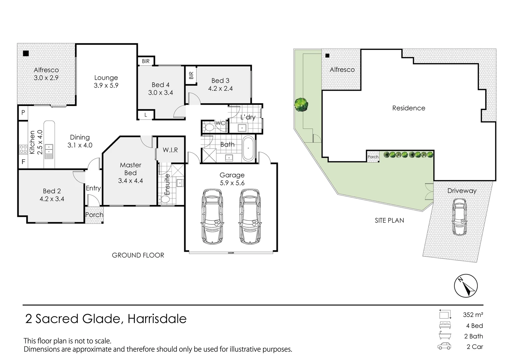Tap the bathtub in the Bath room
[x=248, y=149]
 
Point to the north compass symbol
[x=466, y=286]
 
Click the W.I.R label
[x=170, y=150]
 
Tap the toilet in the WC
[x=210, y=127]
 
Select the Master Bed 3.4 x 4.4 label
[x=131, y=173]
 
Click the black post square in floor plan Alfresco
[x=26, y=53]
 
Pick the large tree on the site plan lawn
[x=301, y=104]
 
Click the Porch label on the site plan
[x=373, y=157]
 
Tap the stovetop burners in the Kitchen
[x=23, y=149]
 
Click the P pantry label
[x=23, y=113]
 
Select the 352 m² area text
[x=473, y=315]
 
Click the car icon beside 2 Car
[x=444, y=346]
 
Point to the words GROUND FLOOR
[x=138, y=255]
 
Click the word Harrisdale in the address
[x=157, y=319]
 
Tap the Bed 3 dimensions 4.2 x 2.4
[x=220, y=89]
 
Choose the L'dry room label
[x=248, y=117]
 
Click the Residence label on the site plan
[x=408, y=108]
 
